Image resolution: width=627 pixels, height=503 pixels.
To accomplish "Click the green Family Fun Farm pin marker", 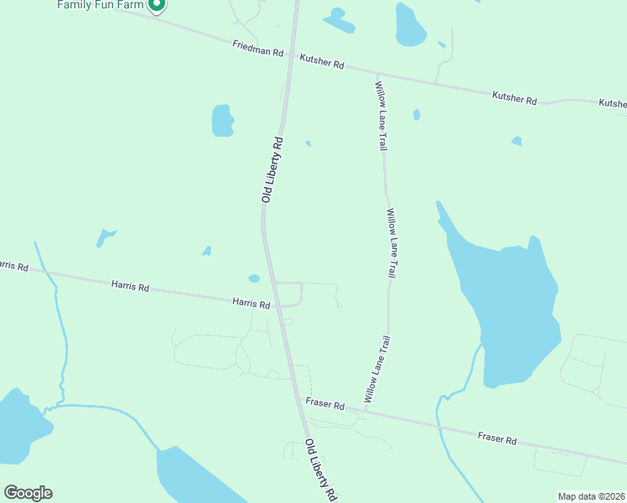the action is pyautogui.click(x=156, y=6).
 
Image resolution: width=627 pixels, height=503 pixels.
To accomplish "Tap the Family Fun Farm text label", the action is pyautogui.click(x=101, y=5).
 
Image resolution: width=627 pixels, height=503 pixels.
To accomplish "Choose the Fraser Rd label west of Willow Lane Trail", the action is pyautogui.click(x=325, y=405).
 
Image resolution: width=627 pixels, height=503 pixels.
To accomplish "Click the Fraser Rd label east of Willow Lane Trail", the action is pyautogui.click(x=497, y=438).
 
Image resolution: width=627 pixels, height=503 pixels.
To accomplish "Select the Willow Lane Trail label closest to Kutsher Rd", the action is pyautogui.click(x=381, y=116).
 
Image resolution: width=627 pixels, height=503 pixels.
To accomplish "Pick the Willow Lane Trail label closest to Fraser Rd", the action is pyautogui.click(x=378, y=369).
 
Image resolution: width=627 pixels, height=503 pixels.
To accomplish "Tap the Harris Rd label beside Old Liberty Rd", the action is pyautogui.click(x=251, y=303).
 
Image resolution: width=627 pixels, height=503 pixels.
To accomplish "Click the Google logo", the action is pyautogui.click(x=28, y=493).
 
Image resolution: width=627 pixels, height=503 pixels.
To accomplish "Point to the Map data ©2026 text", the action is pyautogui.click(x=592, y=496).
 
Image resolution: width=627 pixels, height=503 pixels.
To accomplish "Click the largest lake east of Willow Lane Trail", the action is pyautogui.click(x=511, y=310).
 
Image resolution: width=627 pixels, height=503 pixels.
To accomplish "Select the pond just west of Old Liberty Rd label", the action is pyautogui.click(x=222, y=120).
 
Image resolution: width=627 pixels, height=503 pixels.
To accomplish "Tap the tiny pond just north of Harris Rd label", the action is pyautogui.click(x=254, y=278).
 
